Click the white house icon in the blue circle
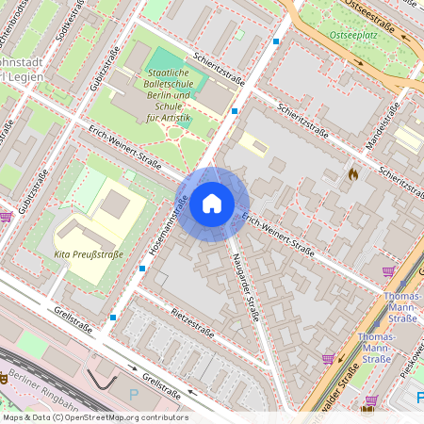(212, 203)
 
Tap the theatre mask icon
(5, 377)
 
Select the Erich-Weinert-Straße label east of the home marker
(278, 235)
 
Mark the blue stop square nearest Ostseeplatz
(276, 41)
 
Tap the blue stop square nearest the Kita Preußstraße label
(142, 267)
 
